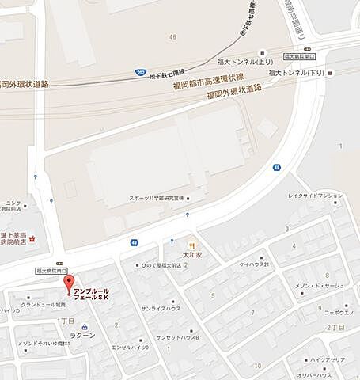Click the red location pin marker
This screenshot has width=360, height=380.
coord(69,283)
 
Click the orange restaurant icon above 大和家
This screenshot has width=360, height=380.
coord(191,245)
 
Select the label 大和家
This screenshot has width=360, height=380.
coord(192,256)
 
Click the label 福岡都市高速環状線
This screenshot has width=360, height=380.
coord(207,81)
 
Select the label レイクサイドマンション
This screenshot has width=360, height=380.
coord(316,196)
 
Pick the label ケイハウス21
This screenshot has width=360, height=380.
coord(255,264)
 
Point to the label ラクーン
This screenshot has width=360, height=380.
coord(83,335)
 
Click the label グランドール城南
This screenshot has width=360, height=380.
coord(44,305)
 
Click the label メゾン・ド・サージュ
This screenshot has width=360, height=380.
coord(319,285)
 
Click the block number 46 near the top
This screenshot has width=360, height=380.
coord(172,37)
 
